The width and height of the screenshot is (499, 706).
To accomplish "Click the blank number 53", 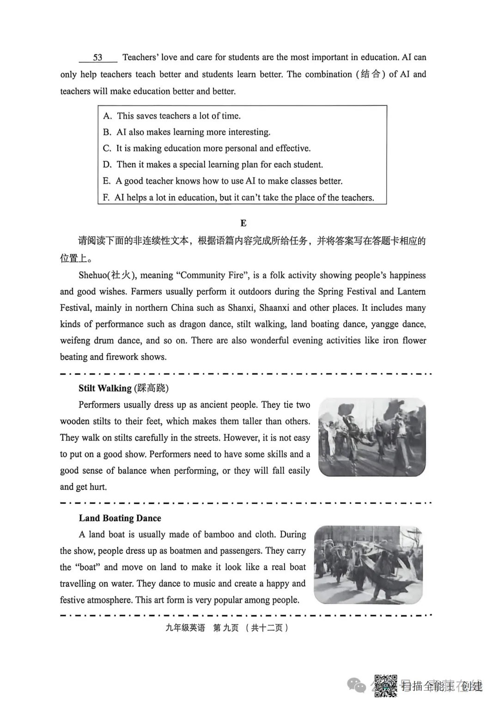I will click(x=97, y=58).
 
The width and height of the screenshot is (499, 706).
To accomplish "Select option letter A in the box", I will click(x=107, y=116).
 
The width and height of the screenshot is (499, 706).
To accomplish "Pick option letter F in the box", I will click(x=106, y=198).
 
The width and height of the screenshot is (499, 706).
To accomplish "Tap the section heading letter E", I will click(x=243, y=223).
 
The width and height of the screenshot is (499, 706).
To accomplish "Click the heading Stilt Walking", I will click(x=105, y=388).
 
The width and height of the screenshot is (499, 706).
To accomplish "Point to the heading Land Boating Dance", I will click(x=120, y=518).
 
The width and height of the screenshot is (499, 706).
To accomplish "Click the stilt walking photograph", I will click(x=372, y=437).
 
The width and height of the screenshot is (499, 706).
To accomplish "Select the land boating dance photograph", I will click(x=368, y=565).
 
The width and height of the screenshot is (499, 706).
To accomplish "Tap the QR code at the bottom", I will click(x=385, y=686).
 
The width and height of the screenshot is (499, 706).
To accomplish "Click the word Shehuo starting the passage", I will click(x=92, y=275).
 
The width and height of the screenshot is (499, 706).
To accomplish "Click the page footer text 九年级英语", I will click(x=185, y=628).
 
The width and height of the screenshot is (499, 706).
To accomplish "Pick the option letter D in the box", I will click(x=107, y=165).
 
